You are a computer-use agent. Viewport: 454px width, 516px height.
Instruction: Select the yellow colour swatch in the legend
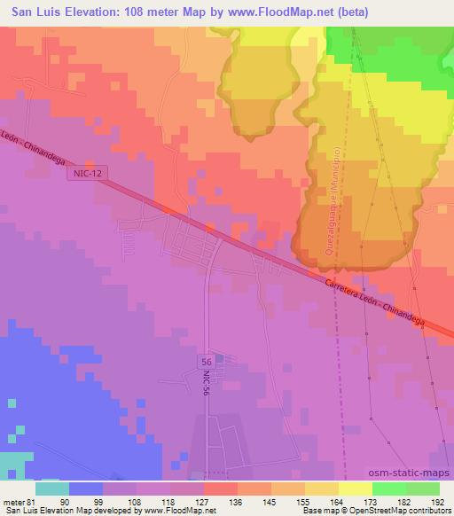[355, 489]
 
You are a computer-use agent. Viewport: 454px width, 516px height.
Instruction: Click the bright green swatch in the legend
[388, 489]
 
